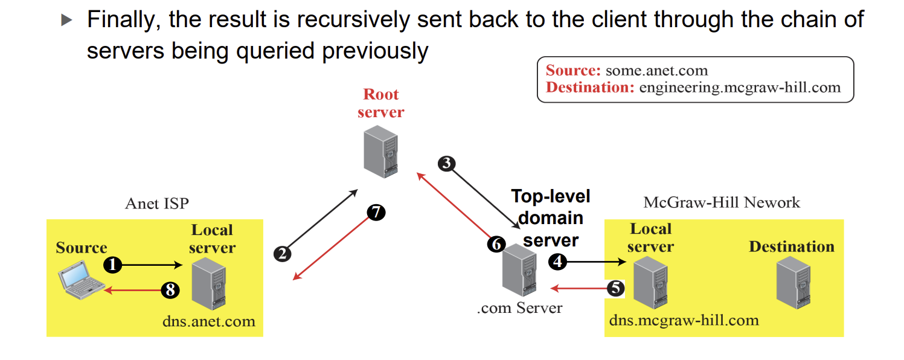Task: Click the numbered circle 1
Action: (112, 265)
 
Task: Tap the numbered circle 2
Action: (282, 254)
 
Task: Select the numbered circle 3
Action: (446, 164)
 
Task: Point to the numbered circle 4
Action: (557, 262)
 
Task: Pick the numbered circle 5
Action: (615, 288)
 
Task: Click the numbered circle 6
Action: (496, 244)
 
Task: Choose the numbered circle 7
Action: (376, 212)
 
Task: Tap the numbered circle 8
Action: (170, 290)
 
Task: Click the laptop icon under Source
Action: (81, 280)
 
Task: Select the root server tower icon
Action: (380, 152)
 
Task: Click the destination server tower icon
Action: (793, 283)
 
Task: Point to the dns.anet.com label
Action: (209, 322)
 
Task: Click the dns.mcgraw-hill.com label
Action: (684, 321)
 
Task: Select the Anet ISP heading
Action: (157, 204)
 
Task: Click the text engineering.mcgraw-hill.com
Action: (740, 88)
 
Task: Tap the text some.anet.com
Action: (656, 71)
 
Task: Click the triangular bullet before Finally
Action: (66, 20)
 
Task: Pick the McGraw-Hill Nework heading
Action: (722, 202)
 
